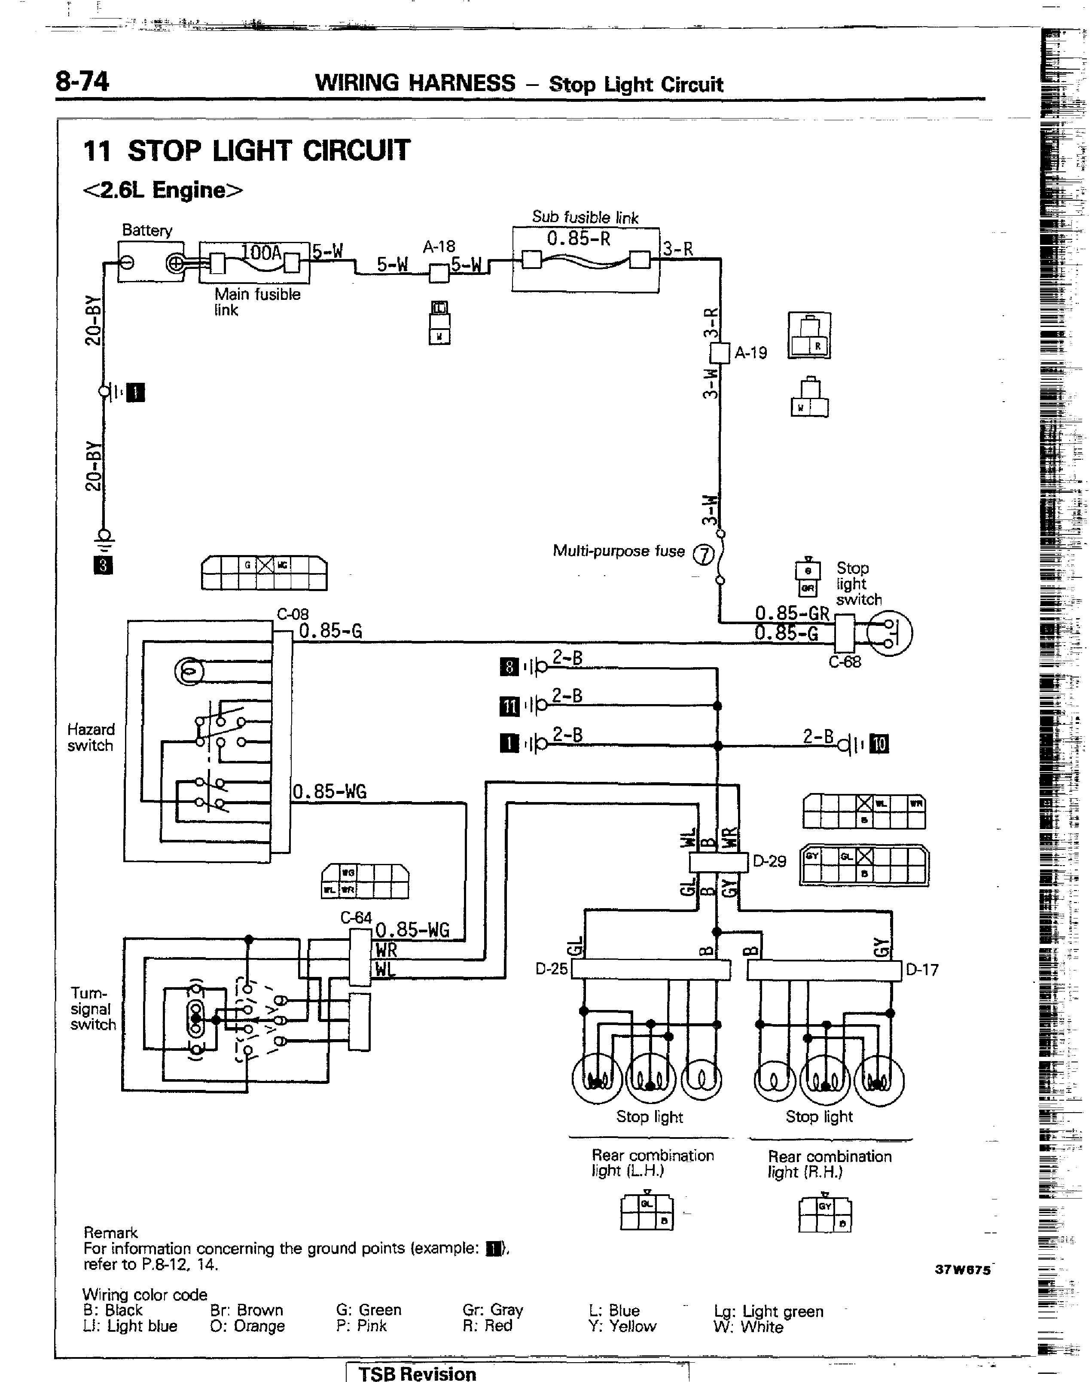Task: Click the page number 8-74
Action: pyautogui.click(x=82, y=82)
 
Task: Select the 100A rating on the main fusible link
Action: pyautogui.click(x=262, y=253)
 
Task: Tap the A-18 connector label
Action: pyautogui.click(x=439, y=247)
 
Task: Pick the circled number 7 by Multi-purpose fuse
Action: pyautogui.click(x=703, y=555)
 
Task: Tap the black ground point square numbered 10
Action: pyautogui.click(x=880, y=744)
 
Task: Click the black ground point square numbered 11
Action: pyautogui.click(x=509, y=706)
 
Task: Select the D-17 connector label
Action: pyautogui.click(x=922, y=970)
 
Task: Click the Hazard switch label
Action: pyautogui.click(x=91, y=737)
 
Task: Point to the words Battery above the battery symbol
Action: pyautogui.click(x=147, y=230)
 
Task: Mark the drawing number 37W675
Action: pyautogui.click(x=962, y=1270)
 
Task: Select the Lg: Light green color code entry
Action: pyautogui.click(x=769, y=1311)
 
